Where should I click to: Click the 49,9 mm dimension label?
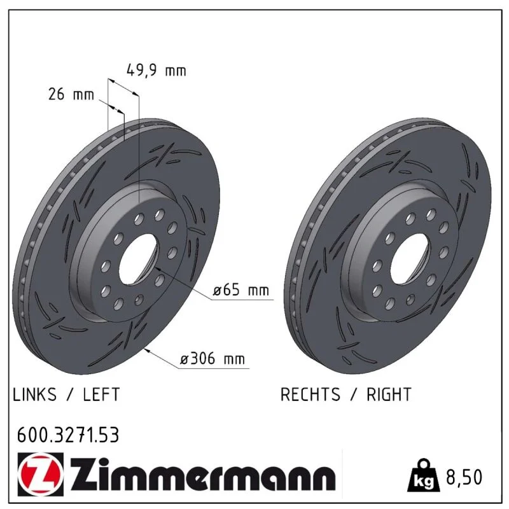pyautogui.click(x=156, y=71)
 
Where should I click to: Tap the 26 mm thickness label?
pyautogui.click(x=71, y=94)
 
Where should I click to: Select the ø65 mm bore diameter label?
pyautogui.click(x=241, y=290)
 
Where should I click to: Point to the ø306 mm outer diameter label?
pyautogui.click(x=213, y=359)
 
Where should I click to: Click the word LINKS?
pyautogui.click(x=34, y=394)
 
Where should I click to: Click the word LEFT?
pyautogui.click(x=101, y=394)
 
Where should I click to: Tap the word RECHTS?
pyautogui.click(x=310, y=394)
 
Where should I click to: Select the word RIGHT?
pyautogui.click(x=389, y=394)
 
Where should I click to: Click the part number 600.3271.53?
pyautogui.click(x=68, y=435)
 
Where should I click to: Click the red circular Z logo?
pyautogui.click(x=41, y=475)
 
